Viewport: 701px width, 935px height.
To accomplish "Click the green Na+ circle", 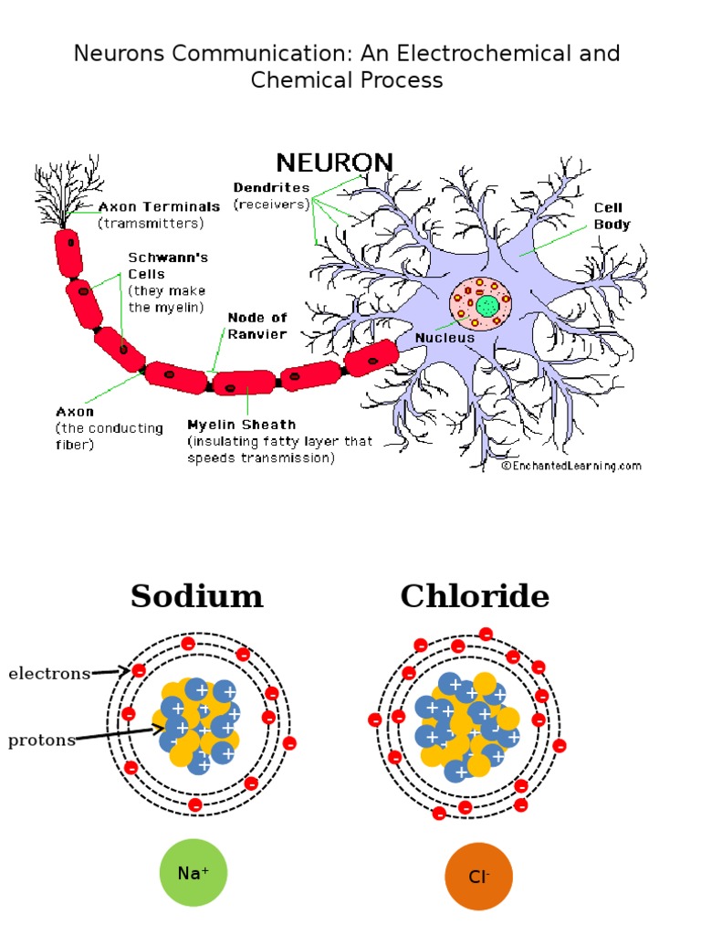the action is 194,872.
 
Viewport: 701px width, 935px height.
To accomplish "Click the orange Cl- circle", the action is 478,877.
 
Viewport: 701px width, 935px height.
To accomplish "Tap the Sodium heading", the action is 197,595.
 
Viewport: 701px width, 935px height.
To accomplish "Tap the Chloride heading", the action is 475,595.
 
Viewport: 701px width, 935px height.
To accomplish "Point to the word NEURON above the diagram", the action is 334,163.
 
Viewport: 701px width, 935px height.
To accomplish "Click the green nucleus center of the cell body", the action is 487,307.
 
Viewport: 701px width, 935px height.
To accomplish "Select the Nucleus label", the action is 445,338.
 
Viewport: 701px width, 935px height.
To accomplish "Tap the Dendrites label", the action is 271,187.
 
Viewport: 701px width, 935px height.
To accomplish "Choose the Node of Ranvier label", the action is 256,326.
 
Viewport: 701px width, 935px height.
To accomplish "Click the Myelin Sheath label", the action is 241,425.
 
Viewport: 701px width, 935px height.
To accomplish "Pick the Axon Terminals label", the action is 159,206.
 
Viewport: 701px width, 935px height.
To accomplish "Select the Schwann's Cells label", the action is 168,266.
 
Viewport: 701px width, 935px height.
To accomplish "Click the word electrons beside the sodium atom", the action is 49,673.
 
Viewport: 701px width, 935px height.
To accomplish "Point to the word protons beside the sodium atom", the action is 42,740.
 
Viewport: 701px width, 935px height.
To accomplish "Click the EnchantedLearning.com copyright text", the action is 571,466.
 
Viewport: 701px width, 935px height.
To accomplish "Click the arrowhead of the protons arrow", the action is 159,729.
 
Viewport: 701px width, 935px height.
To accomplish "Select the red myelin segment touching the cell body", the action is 371,358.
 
